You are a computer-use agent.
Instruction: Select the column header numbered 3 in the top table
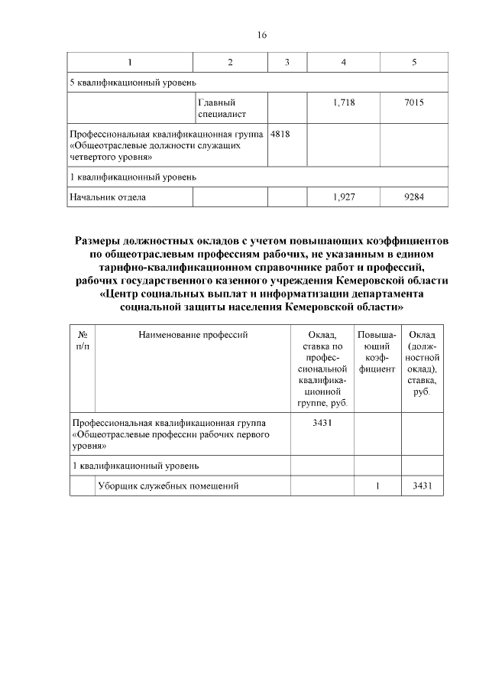[x=287, y=62]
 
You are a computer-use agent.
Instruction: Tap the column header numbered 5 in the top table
[x=414, y=62]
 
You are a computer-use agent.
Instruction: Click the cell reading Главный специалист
[x=217, y=109]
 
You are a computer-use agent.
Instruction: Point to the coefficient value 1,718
[x=345, y=102]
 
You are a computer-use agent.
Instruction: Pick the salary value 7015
[x=414, y=102]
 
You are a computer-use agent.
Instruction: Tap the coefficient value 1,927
[x=345, y=197]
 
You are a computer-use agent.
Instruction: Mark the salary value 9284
[x=414, y=197]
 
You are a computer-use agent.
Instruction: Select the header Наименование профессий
[x=193, y=334]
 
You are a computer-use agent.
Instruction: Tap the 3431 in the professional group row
[x=322, y=421]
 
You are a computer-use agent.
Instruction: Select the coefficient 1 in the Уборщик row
[x=377, y=486]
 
